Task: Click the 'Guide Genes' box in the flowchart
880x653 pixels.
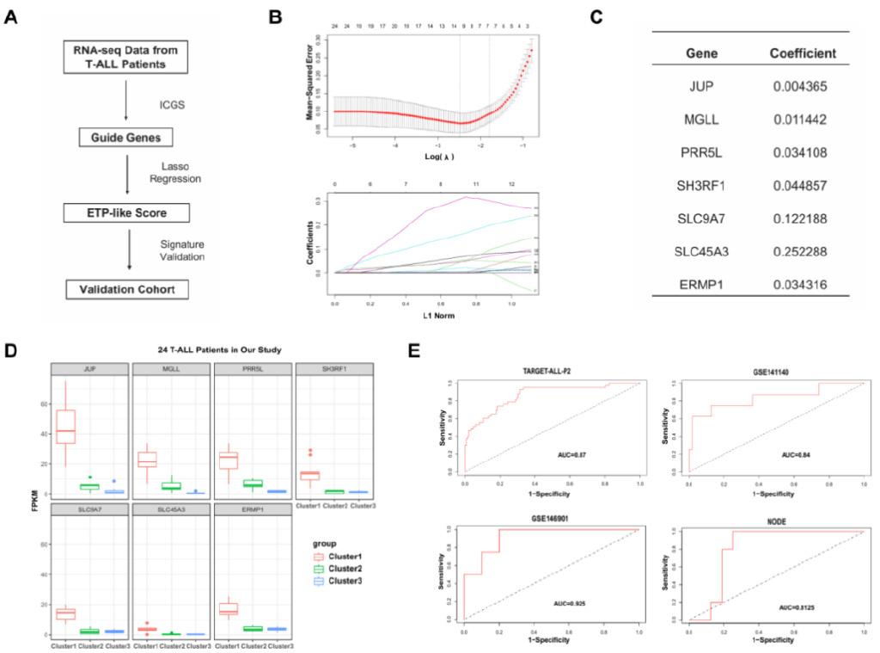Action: click(125, 136)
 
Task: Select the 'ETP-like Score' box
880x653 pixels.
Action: click(125, 212)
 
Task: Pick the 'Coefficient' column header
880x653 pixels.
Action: click(803, 53)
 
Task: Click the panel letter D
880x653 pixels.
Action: click(10, 351)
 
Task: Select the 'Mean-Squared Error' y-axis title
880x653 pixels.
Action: click(309, 86)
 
